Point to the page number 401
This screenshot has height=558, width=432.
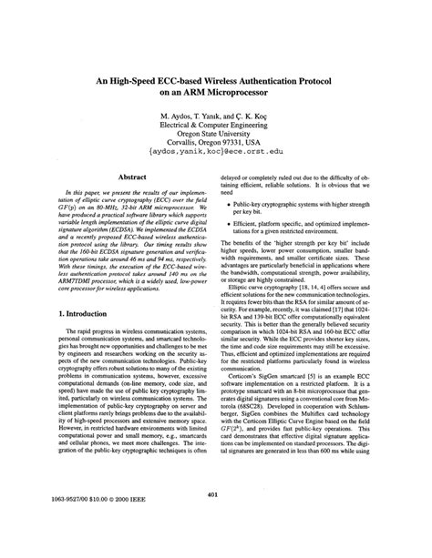[x=215, y=520]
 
